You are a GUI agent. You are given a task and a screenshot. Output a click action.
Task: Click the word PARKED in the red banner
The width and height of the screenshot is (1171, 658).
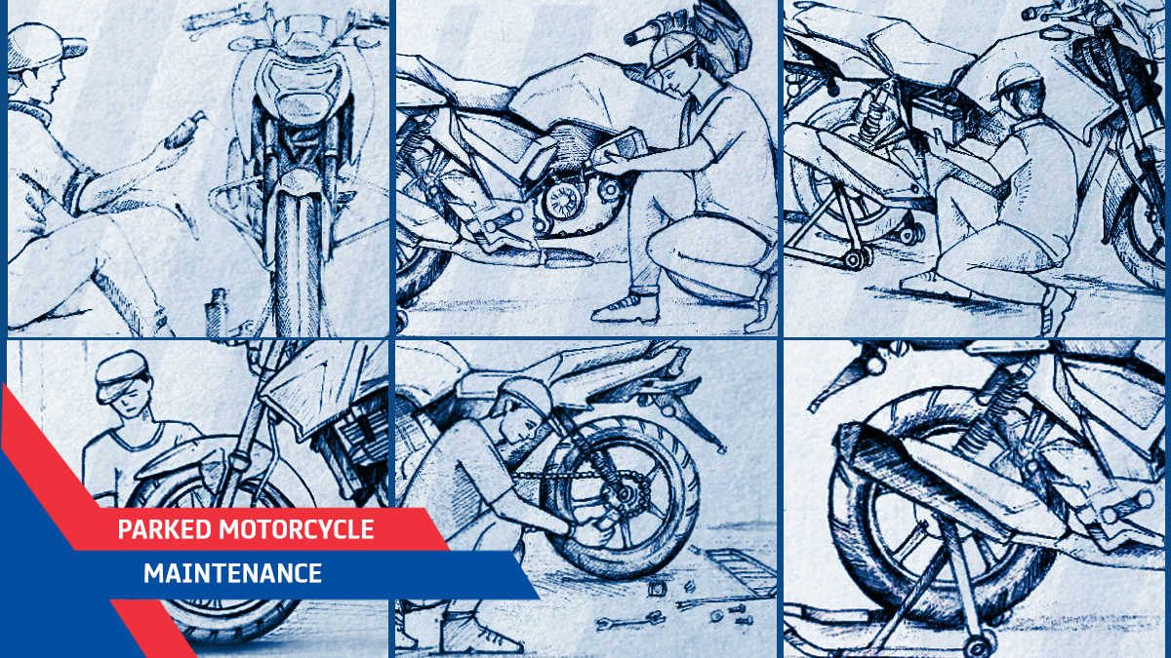(164, 529)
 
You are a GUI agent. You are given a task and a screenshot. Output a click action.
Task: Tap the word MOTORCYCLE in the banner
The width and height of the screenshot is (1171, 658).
(297, 529)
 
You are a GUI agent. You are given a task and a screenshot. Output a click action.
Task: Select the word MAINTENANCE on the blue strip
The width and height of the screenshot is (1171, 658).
(232, 573)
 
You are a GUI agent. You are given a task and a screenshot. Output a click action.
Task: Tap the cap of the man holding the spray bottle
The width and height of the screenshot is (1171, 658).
(43, 46)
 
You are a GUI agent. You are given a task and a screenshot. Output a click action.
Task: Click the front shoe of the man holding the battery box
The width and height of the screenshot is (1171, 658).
(626, 308)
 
